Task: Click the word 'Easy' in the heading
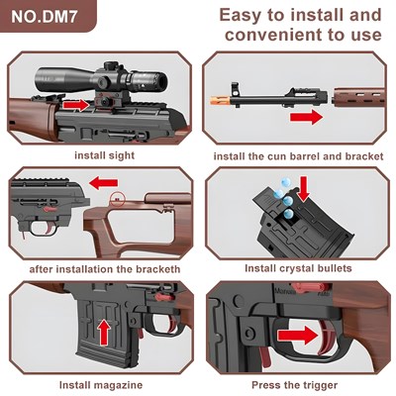coord(243,16)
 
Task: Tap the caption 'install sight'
coord(105,155)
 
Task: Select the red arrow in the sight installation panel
coord(76,105)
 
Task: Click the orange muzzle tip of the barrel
coord(220,98)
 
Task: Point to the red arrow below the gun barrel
coord(306,117)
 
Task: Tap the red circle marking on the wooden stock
coord(117,200)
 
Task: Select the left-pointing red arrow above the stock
coord(104,183)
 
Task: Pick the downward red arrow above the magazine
coord(304,188)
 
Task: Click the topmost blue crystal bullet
coord(285,182)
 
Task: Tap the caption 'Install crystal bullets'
coord(298,268)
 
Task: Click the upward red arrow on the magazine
coord(104,333)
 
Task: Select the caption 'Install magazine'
coord(101,385)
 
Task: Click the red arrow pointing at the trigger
coord(297,336)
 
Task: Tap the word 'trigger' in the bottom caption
coord(320,385)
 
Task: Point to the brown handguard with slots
coord(359,96)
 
